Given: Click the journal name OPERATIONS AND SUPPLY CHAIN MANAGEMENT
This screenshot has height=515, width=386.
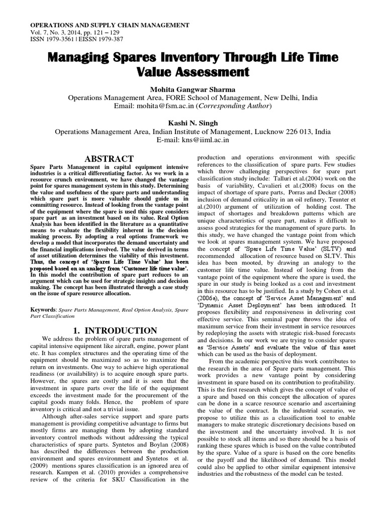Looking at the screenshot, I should tap(110, 25).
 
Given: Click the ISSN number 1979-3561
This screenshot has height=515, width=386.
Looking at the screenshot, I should tap(62, 40).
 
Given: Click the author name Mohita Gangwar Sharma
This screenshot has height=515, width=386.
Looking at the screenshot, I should tap(192, 89).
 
